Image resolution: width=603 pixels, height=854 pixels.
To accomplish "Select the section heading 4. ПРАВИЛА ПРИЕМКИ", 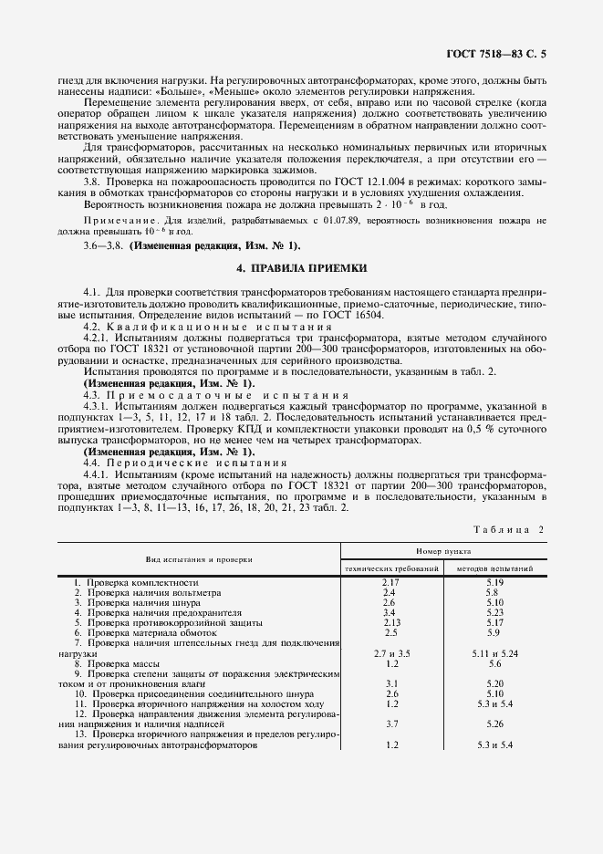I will coord(301,269).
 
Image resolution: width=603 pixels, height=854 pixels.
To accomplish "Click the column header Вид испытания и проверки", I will coord(198,558).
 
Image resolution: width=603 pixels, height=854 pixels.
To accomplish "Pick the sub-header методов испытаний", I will coord(494,568).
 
